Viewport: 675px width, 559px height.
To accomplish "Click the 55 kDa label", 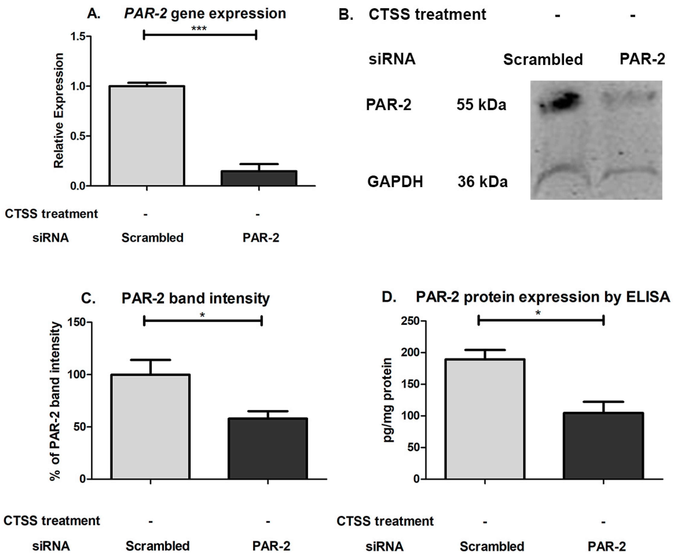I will (x=481, y=105).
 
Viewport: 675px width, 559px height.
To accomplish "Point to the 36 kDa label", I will (x=482, y=182).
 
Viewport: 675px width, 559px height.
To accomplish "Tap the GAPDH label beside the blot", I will (x=395, y=182).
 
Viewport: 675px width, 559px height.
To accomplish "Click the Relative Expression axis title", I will (x=59, y=111).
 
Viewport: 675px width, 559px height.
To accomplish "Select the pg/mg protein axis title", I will (x=388, y=400).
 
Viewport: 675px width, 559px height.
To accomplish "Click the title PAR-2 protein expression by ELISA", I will (x=543, y=297).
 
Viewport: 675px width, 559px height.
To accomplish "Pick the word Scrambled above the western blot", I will (x=543, y=59).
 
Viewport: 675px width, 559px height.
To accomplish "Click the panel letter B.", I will (x=346, y=15).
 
